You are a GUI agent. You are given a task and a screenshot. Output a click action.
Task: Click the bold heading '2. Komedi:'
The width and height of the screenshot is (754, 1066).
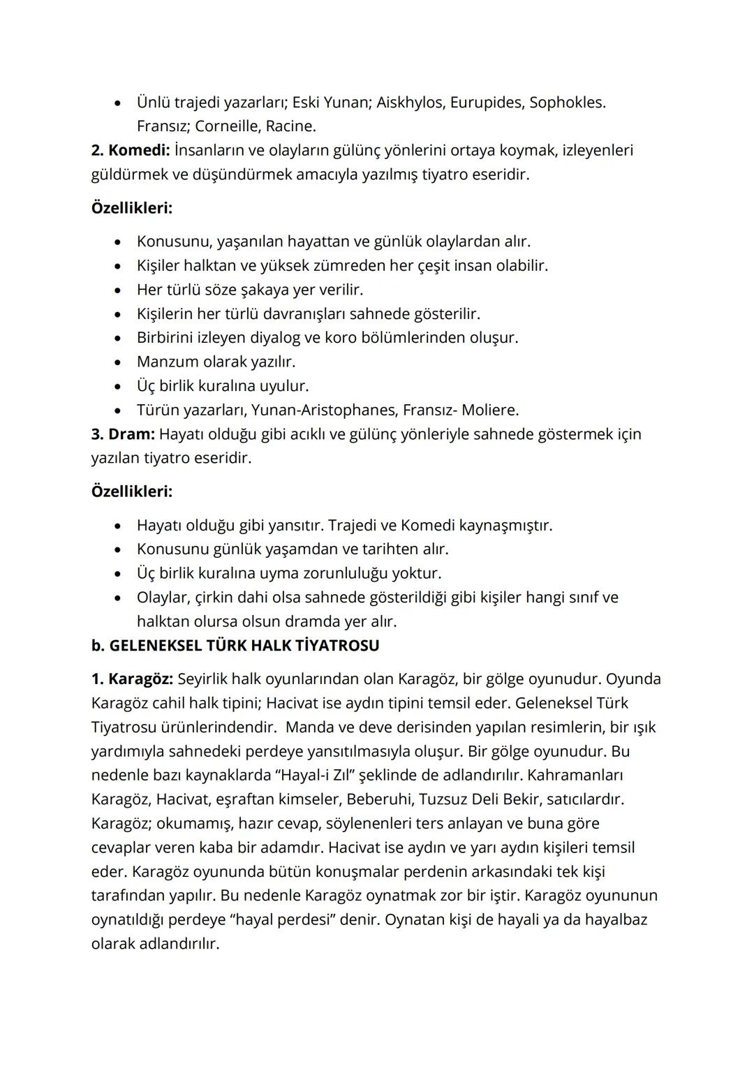131,150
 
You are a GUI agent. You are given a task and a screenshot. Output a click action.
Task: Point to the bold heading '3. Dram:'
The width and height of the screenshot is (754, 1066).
122,434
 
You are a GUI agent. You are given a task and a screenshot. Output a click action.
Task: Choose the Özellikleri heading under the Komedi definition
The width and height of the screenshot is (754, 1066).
132,208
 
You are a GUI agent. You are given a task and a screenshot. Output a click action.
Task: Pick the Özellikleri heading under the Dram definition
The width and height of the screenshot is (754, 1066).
132,491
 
